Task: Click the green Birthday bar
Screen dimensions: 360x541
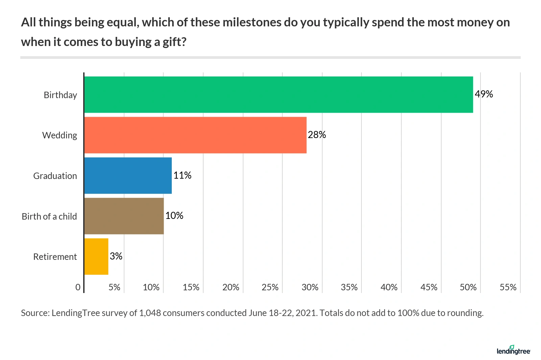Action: pos(278,95)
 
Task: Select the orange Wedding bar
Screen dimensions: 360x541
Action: pos(195,135)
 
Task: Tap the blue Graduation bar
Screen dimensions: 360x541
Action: pos(128,176)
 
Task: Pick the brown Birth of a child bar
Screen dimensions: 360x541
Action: pos(124,216)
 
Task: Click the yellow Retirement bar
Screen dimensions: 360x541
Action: pos(96,256)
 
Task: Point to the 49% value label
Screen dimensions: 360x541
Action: pos(484,94)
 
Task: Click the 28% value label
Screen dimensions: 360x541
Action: pos(317,135)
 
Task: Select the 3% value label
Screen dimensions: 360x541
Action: pos(116,256)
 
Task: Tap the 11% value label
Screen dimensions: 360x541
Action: pos(182,175)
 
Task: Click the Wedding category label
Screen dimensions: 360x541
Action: pos(60,135)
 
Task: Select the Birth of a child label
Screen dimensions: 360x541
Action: pos(49,217)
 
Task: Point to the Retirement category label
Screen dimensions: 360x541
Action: pos(55,257)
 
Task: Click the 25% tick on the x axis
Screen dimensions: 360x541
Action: pos(270,287)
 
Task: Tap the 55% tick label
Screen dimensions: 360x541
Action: pos(508,287)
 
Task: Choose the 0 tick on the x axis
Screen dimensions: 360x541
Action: pos(78,287)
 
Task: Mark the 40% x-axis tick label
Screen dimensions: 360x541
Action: pos(389,287)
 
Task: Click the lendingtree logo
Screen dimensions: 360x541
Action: pos(513,350)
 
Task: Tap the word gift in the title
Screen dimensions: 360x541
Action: pos(171,42)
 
